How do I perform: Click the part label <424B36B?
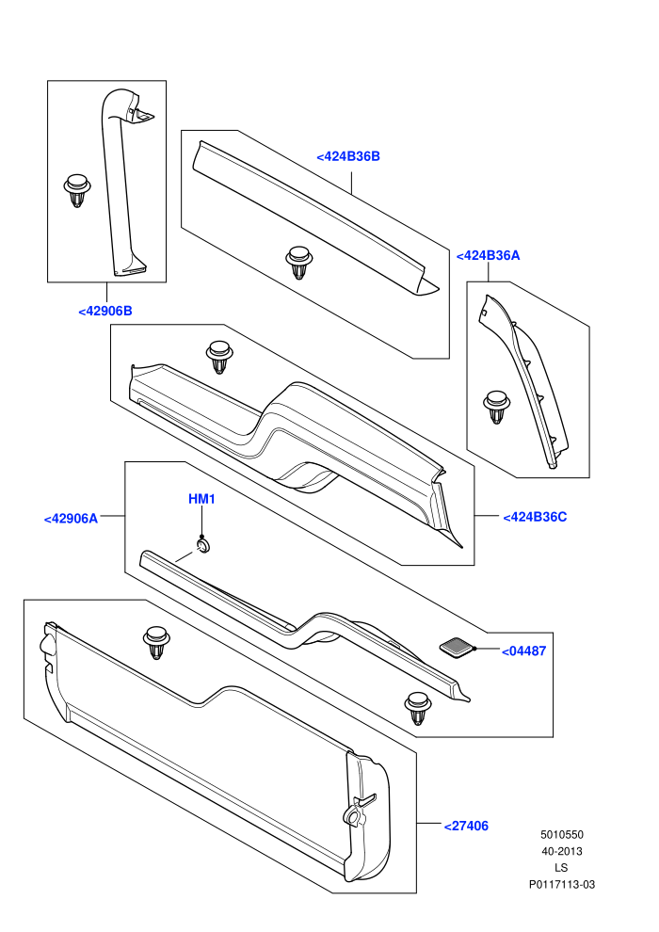(348, 156)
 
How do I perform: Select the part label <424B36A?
(488, 255)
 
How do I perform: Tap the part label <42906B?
(105, 311)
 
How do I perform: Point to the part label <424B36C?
(535, 517)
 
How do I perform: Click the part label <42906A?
(71, 519)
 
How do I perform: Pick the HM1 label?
(201, 499)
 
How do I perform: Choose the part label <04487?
(523, 651)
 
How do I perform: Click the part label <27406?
(466, 827)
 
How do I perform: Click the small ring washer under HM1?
(204, 546)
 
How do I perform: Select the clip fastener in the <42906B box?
(77, 190)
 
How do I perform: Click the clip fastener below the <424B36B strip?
(298, 262)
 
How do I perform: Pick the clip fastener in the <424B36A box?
(496, 407)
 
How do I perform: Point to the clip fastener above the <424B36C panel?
(218, 357)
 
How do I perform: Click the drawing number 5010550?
(561, 834)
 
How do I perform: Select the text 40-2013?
(561, 851)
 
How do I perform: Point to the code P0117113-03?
(561, 884)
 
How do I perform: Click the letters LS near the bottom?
(561, 868)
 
